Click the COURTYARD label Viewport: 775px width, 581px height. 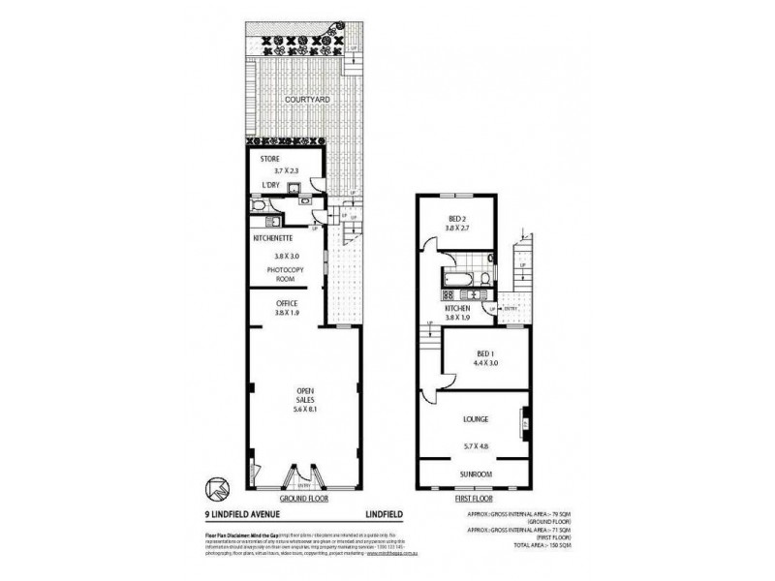303,99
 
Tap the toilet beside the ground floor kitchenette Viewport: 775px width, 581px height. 259,206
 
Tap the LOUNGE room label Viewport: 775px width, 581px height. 475,419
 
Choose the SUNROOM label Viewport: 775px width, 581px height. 475,474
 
